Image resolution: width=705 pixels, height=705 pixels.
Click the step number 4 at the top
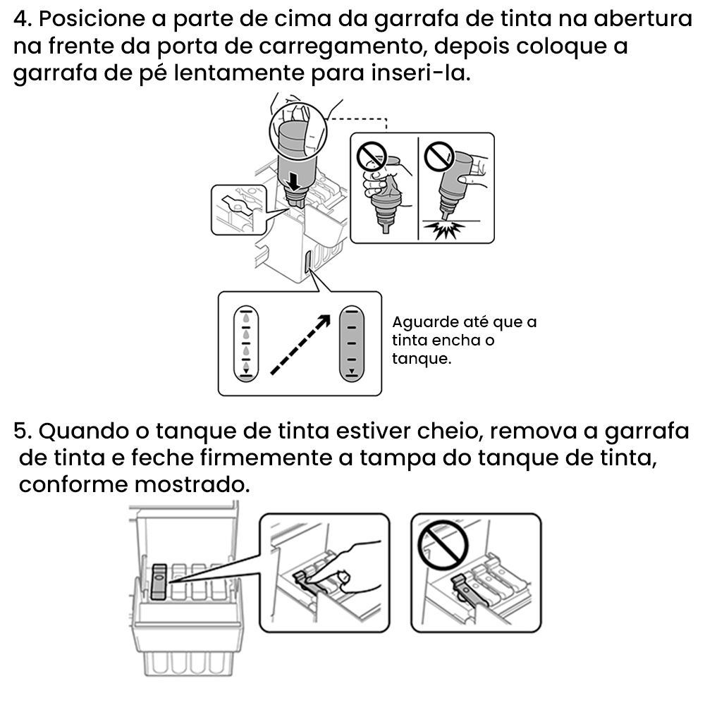[x=23, y=19]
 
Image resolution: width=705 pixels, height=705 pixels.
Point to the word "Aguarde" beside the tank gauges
[x=424, y=323]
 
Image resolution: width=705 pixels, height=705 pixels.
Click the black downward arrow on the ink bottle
[x=294, y=182]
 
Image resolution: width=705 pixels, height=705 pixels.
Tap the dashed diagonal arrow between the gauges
[x=300, y=345]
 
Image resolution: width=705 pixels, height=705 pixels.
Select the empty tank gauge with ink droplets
[x=246, y=344]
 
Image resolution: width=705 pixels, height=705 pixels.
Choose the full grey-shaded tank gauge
[x=352, y=344]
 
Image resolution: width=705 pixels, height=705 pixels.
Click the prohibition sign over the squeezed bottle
[x=372, y=157]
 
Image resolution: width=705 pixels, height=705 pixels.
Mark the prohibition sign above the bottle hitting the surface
[x=440, y=157]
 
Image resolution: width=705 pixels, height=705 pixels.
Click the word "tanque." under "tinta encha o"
[x=422, y=360]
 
